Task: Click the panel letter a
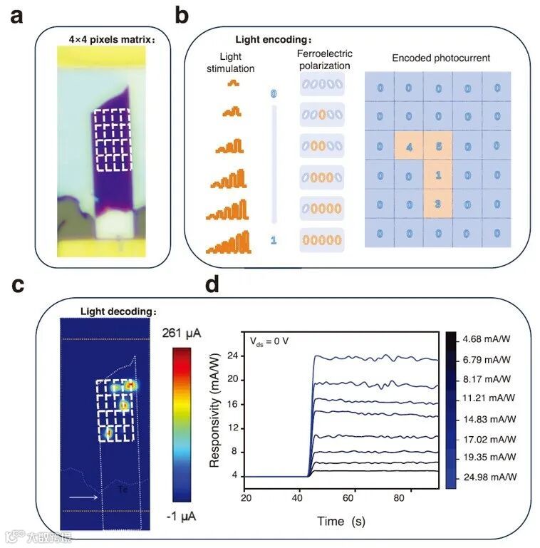(16, 15)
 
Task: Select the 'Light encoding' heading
(274, 40)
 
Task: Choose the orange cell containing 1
(438, 175)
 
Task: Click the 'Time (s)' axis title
(341, 521)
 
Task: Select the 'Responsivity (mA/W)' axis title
(214, 413)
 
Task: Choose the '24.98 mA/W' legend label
(491, 477)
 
